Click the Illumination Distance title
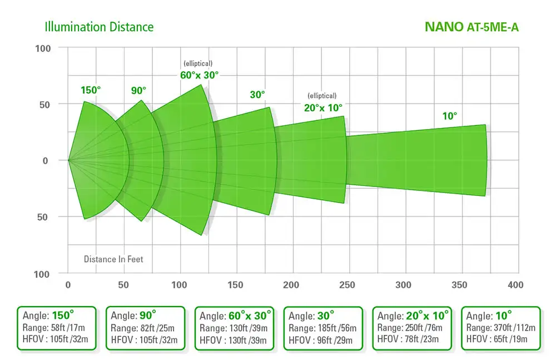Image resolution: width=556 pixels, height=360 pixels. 99,27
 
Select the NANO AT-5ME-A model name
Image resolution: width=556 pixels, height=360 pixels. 471,27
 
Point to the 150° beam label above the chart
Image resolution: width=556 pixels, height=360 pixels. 91,90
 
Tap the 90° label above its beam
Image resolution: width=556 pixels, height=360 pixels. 138,90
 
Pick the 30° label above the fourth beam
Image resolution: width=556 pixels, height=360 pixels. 257,95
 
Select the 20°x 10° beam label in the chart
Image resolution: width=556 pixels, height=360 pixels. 323,107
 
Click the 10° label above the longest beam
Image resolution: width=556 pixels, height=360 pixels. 449,116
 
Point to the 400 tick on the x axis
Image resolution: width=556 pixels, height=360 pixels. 516,285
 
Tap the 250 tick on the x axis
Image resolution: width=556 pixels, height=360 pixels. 348,285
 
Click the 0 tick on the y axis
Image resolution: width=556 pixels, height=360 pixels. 46,160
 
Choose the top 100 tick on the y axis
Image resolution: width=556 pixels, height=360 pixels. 43,48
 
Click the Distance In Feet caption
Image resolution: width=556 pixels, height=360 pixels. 113,259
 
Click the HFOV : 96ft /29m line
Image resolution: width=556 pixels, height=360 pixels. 320,339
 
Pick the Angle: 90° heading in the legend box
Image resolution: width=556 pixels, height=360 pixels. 133,315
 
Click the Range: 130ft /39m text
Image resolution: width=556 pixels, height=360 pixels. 232,328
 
